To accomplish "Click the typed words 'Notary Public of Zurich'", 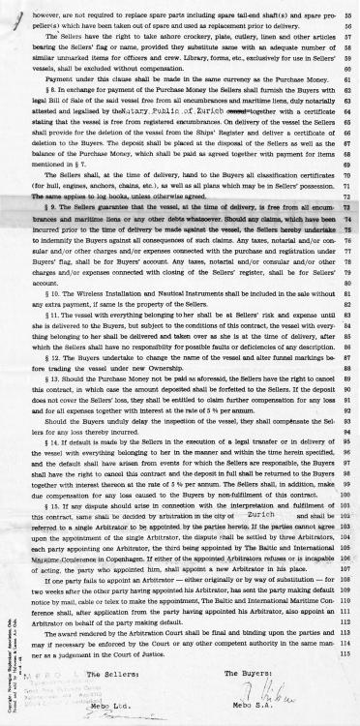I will (154, 138).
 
